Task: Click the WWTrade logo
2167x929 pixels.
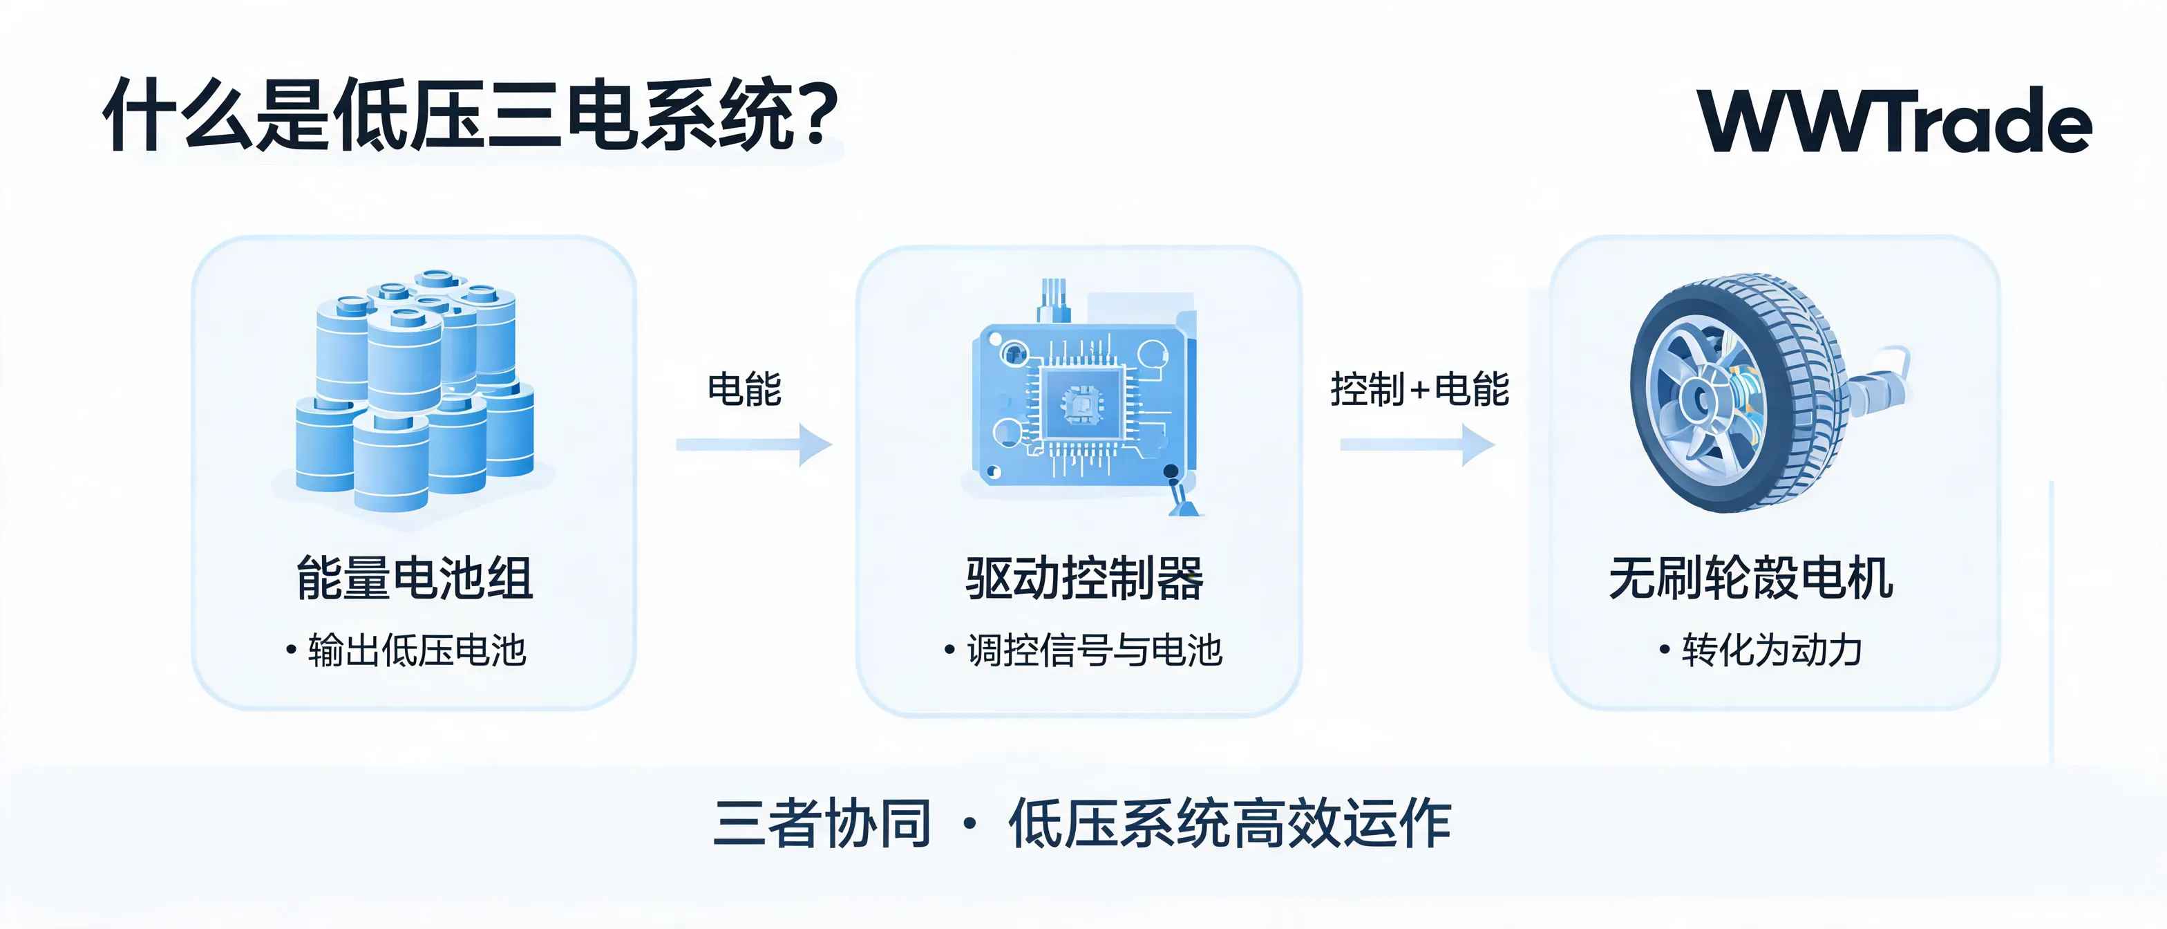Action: tap(1895, 120)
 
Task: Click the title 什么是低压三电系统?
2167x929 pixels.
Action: tap(471, 115)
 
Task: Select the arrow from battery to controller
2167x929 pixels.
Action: tap(754, 444)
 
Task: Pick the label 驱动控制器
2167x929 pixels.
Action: tap(1084, 579)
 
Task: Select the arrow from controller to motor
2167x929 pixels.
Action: tap(1417, 444)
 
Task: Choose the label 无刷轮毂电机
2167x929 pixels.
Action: tap(1752, 579)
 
